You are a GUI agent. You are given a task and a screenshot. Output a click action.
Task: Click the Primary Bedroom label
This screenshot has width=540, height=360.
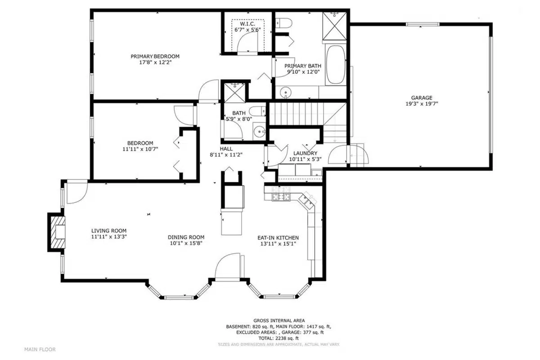pos(155,56)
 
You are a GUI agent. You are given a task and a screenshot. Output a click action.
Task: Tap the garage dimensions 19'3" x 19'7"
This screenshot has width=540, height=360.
pos(421,103)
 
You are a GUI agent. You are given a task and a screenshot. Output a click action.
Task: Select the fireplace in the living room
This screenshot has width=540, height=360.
pos(57,232)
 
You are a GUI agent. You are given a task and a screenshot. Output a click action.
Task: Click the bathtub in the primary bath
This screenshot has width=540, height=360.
pos(335,65)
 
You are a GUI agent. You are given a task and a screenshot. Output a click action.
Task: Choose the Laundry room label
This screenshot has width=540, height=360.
pos(306,153)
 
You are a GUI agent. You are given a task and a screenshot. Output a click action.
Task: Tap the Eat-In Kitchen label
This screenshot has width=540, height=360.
pos(278,238)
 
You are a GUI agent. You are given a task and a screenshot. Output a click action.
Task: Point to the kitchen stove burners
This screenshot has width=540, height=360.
pos(282,197)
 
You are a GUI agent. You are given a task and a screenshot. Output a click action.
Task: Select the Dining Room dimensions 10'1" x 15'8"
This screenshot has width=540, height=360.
pos(186,243)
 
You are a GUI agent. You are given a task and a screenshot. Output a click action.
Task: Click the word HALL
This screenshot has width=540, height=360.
pos(226,148)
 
